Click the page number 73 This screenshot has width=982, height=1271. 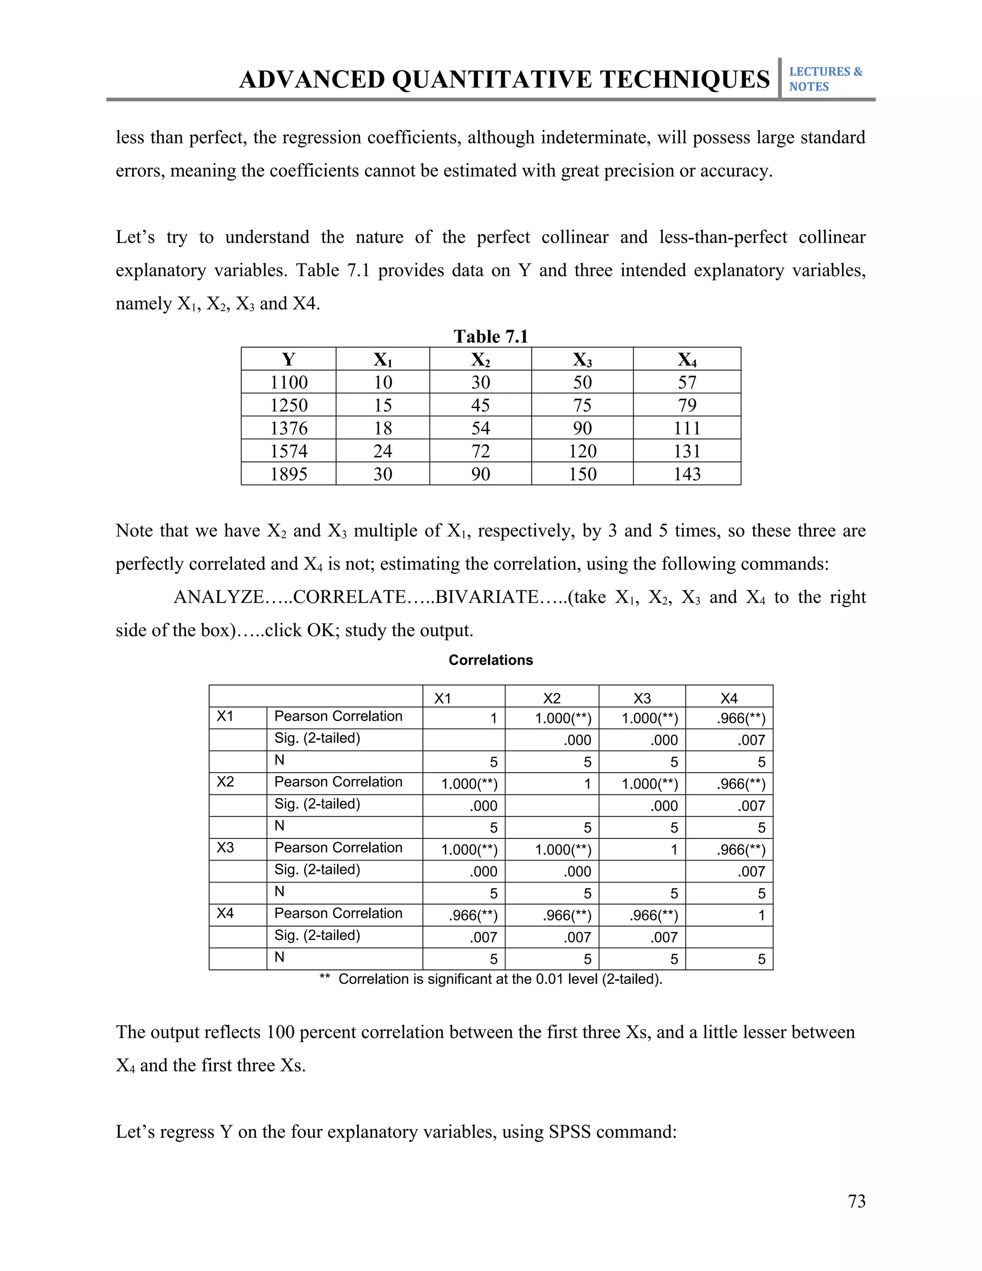click(856, 1201)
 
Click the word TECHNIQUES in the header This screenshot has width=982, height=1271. click(685, 80)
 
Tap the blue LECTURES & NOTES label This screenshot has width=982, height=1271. click(825, 79)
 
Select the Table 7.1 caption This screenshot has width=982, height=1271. click(491, 336)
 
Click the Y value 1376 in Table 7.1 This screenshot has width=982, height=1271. click(289, 428)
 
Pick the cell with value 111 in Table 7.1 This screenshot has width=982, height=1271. click(687, 428)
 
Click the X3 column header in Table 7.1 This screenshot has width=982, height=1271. click(582, 360)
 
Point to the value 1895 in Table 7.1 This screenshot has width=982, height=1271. click(289, 474)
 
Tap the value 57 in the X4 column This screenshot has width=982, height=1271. click(687, 382)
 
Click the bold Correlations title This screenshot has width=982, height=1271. click(491, 660)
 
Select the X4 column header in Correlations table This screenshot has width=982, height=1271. click(728, 698)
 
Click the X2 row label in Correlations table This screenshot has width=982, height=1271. click(225, 782)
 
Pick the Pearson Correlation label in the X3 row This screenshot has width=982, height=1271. click(338, 847)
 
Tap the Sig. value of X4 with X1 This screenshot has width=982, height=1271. click(483, 938)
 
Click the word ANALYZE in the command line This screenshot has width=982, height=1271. click(219, 597)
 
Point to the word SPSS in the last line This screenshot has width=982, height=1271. click(570, 1132)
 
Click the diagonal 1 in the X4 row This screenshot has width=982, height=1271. click(761, 916)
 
